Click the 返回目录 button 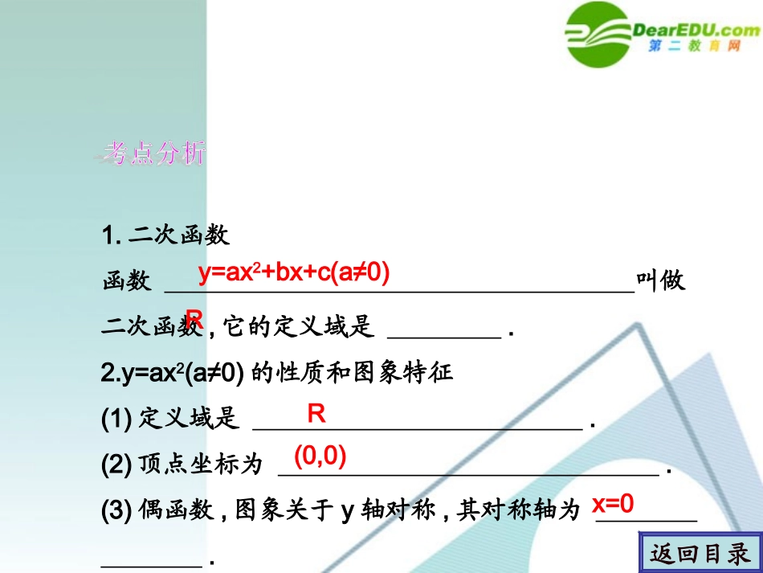[x=700, y=553]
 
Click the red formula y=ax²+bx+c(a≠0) [x=294, y=273]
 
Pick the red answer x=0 [x=613, y=504]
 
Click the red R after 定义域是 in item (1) [x=316, y=414]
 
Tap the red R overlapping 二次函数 [x=194, y=317]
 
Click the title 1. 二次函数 [x=166, y=236]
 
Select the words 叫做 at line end [x=661, y=280]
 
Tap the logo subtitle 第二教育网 [x=693, y=47]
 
